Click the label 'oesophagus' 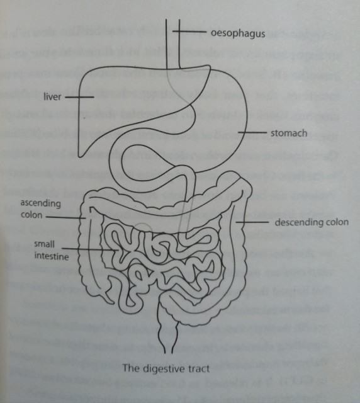coord(238,34)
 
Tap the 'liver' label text coord(52,96)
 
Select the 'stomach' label coord(289,133)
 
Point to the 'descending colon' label coord(312,222)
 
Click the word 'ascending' coord(41,203)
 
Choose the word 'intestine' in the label coord(52,256)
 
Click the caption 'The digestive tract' coord(166,368)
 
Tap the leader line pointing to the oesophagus coord(189,31)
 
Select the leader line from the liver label coord(79,97)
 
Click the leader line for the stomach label coord(252,133)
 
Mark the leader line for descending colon coord(252,222)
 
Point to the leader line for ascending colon coord(66,217)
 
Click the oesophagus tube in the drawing coord(172,43)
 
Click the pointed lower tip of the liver coord(81,156)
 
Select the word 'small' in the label coord(45,244)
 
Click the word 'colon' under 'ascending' coord(31,215)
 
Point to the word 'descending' coord(296,222)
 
